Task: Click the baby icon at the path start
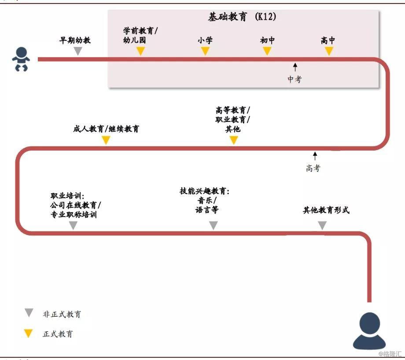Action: coord(21,59)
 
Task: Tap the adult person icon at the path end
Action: coord(369,331)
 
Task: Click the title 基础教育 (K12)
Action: coord(242,17)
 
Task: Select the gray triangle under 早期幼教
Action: coord(77,51)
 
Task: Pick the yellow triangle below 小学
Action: coord(205,51)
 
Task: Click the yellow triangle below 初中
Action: coord(267,51)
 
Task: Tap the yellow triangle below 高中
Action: coord(329,51)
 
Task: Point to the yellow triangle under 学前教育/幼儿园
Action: coord(140,51)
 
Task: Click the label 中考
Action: coord(295,79)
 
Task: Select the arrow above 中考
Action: coord(295,67)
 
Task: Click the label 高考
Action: coord(313,168)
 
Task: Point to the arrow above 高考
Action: coord(315,156)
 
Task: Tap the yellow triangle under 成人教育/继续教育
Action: coord(106,140)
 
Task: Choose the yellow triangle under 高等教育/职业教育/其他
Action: coord(234,140)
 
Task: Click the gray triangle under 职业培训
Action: coord(74,225)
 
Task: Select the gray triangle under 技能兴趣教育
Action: coord(213,225)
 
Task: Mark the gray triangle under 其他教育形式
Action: coord(322,225)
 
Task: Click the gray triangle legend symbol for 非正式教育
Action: coord(29,313)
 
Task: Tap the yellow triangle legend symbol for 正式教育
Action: coord(29,333)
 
